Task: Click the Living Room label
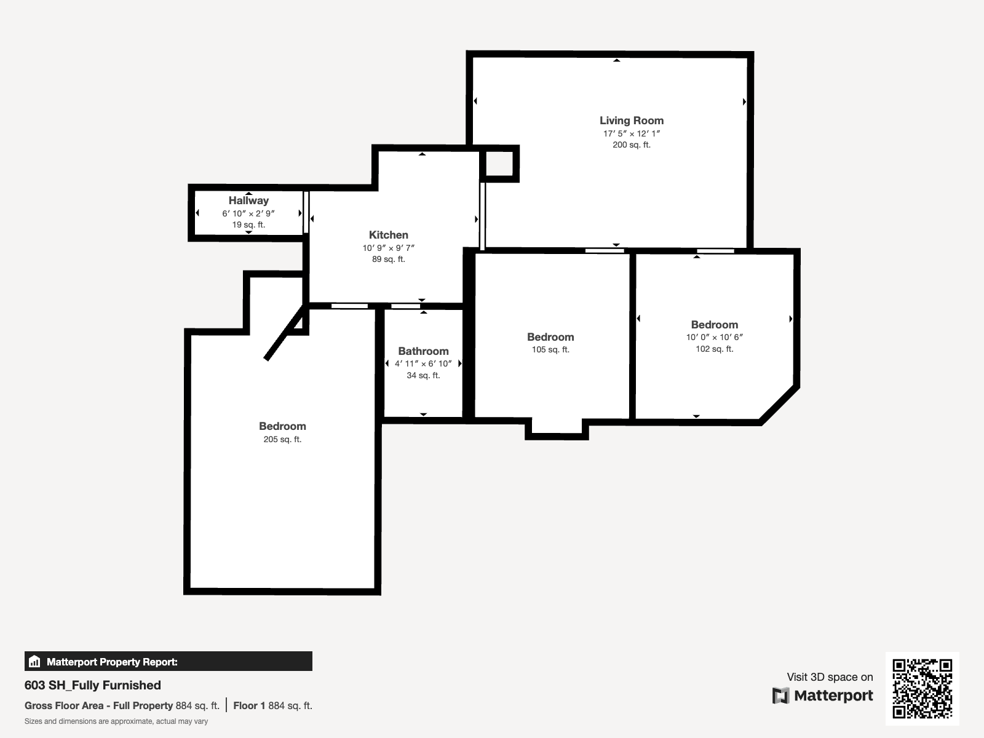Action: point(631,121)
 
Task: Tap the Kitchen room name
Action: point(388,235)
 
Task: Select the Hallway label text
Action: point(248,200)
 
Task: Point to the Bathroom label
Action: point(423,351)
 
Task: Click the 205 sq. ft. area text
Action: point(282,440)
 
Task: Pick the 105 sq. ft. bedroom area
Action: point(550,349)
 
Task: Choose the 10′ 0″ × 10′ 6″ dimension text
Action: point(715,338)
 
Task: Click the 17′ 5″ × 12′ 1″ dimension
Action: point(631,133)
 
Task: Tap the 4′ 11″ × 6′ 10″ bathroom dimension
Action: point(423,364)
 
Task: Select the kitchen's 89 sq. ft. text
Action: point(388,260)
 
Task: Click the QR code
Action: point(922,689)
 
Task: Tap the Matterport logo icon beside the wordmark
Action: point(780,696)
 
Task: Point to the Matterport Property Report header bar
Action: point(168,661)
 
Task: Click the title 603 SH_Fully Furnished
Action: point(92,685)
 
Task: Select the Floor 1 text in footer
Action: point(249,706)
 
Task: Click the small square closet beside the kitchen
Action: point(499,164)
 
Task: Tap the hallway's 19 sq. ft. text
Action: point(248,225)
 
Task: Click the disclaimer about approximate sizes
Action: point(116,721)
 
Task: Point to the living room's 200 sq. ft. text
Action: point(631,145)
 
